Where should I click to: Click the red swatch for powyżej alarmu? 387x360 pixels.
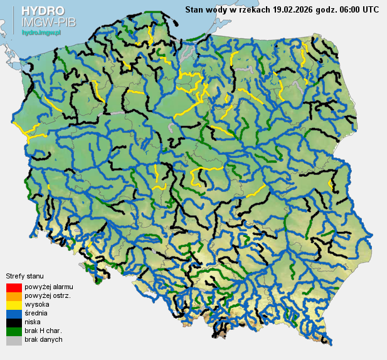(x=14, y=287)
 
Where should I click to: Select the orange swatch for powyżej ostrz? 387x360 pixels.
(x=14, y=295)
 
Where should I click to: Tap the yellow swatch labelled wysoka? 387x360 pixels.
(x=14, y=304)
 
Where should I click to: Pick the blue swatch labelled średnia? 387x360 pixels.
(x=14, y=313)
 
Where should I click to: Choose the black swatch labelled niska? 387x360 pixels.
(x=14, y=322)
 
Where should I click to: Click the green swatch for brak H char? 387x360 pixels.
(x=14, y=331)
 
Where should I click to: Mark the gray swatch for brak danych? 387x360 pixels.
(x=14, y=339)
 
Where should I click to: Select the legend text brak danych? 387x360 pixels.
(x=43, y=339)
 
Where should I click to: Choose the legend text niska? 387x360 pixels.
(x=33, y=322)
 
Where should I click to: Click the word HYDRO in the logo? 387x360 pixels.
(x=43, y=11)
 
